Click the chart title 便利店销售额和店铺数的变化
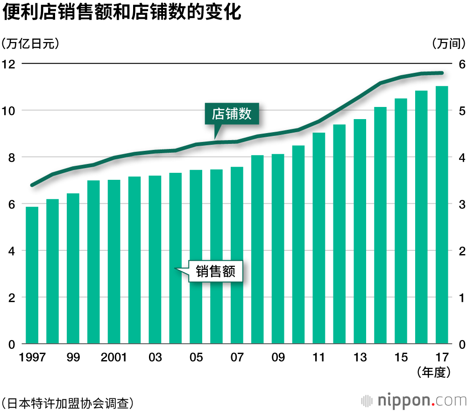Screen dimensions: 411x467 (122, 13)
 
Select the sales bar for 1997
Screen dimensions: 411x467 (32, 276)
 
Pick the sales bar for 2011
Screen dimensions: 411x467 (319, 238)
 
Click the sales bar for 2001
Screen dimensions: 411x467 (114, 262)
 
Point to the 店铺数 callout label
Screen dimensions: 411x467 (232, 114)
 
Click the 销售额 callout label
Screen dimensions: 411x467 (215, 271)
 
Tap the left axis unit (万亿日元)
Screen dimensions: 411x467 (30, 44)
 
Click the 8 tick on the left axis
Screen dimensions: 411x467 (11, 157)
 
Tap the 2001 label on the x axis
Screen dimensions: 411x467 (114, 358)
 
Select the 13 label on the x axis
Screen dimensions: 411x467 (360, 358)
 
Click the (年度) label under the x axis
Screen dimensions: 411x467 (434, 372)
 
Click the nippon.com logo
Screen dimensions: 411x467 (415, 400)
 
